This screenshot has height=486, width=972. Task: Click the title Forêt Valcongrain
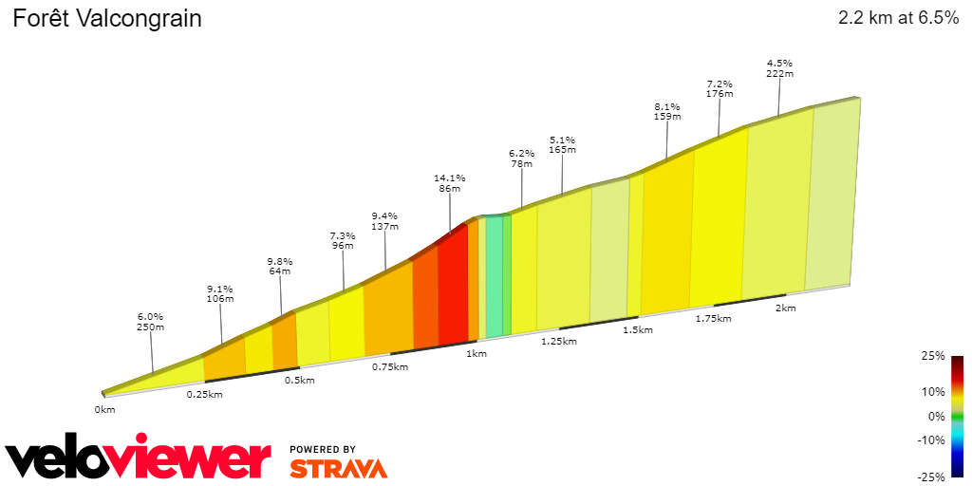click(x=106, y=19)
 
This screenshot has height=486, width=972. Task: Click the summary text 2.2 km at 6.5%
click(x=898, y=18)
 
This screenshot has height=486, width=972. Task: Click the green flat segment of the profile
click(x=495, y=275)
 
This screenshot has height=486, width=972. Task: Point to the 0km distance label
click(x=104, y=410)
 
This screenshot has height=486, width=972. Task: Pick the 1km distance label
click(x=477, y=354)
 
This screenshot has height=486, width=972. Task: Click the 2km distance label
click(x=785, y=308)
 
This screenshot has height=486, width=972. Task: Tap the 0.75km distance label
click(x=389, y=367)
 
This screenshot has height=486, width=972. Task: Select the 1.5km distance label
click(x=638, y=330)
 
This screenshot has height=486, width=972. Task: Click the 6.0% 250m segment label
click(x=151, y=322)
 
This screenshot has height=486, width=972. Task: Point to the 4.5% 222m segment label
click(x=779, y=68)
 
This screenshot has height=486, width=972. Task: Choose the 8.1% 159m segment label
click(x=667, y=111)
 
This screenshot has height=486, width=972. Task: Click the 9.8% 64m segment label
click(x=279, y=266)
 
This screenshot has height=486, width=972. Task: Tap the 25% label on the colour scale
click(x=934, y=356)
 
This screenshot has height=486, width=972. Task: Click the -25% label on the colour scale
click(x=932, y=477)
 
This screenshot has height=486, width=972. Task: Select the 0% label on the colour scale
click(x=936, y=416)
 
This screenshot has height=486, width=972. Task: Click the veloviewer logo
click(x=138, y=459)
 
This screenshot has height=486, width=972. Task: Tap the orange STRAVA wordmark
click(x=338, y=469)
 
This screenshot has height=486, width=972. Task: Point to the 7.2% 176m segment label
click(x=720, y=88)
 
